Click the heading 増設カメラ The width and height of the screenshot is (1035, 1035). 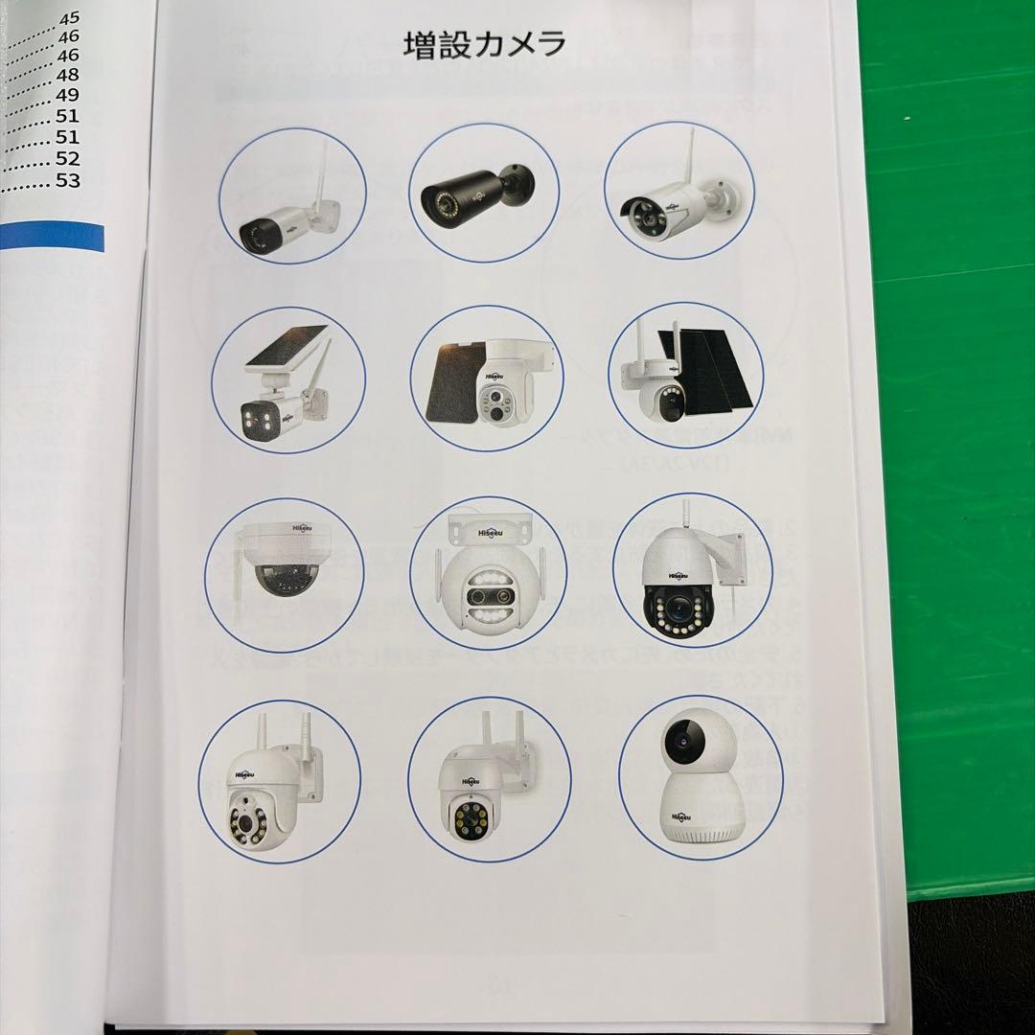(484, 45)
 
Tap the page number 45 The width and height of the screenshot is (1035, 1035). (70, 17)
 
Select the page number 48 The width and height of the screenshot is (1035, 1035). (68, 75)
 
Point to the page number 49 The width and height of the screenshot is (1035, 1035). (68, 95)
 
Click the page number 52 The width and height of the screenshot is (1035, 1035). (67, 158)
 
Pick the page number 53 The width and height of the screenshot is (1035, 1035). (67, 180)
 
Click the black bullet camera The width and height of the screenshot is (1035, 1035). (476, 191)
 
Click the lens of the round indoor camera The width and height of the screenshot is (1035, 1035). (681, 738)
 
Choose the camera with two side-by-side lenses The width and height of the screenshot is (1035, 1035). (489, 586)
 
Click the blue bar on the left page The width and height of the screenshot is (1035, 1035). (53, 237)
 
